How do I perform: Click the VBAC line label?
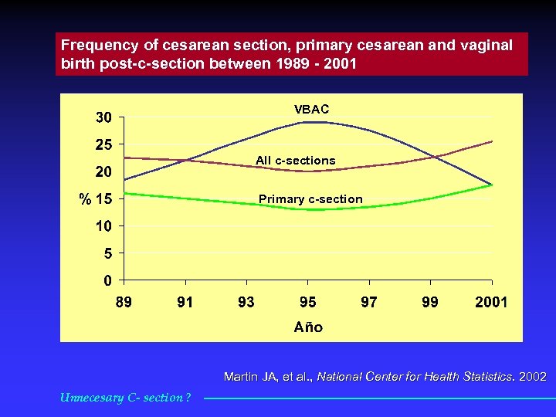(311, 110)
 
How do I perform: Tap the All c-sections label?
(296, 161)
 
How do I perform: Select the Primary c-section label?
(310, 199)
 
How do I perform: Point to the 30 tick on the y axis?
(103, 117)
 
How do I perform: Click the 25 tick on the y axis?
(103, 144)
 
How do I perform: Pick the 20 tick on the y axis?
(103, 171)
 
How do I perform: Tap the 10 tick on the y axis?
(103, 225)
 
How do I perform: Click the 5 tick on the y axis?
(107, 253)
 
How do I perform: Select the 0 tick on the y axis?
(108, 280)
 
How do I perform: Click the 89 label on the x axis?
(124, 302)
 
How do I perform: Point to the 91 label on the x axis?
(185, 302)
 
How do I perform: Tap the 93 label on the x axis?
(246, 302)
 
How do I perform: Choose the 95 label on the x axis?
(307, 302)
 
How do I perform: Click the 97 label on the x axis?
(369, 302)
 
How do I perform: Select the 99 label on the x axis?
(430, 302)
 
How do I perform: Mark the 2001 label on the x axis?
(491, 302)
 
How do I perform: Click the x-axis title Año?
(308, 327)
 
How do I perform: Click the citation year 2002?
(533, 377)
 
